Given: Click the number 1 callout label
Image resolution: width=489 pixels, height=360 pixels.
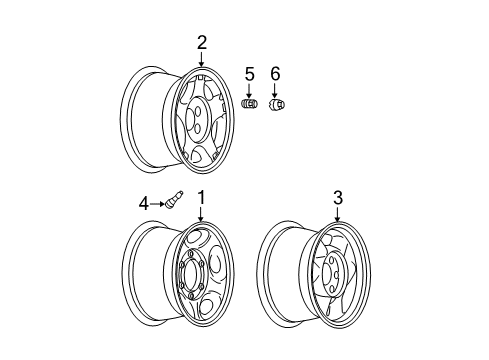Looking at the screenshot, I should [201, 198].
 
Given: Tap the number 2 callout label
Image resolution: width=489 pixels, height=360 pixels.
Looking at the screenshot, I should [201, 42].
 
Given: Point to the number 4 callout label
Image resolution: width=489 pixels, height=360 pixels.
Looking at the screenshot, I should [143, 203].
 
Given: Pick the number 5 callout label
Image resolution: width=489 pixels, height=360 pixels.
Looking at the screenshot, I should [250, 73].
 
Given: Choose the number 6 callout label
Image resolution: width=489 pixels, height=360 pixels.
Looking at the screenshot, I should [276, 73].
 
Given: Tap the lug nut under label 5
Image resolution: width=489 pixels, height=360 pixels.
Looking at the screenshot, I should [251, 103].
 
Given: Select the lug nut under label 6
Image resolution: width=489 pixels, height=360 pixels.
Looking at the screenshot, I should [277, 104].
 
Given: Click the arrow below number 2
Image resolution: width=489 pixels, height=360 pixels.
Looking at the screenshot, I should [201, 61].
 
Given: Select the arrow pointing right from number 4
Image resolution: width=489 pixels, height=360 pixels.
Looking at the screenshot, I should [157, 204].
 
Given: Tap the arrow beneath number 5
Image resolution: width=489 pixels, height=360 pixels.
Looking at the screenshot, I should [250, 89].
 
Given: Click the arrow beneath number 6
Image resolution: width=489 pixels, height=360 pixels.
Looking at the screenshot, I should [276, 89].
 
